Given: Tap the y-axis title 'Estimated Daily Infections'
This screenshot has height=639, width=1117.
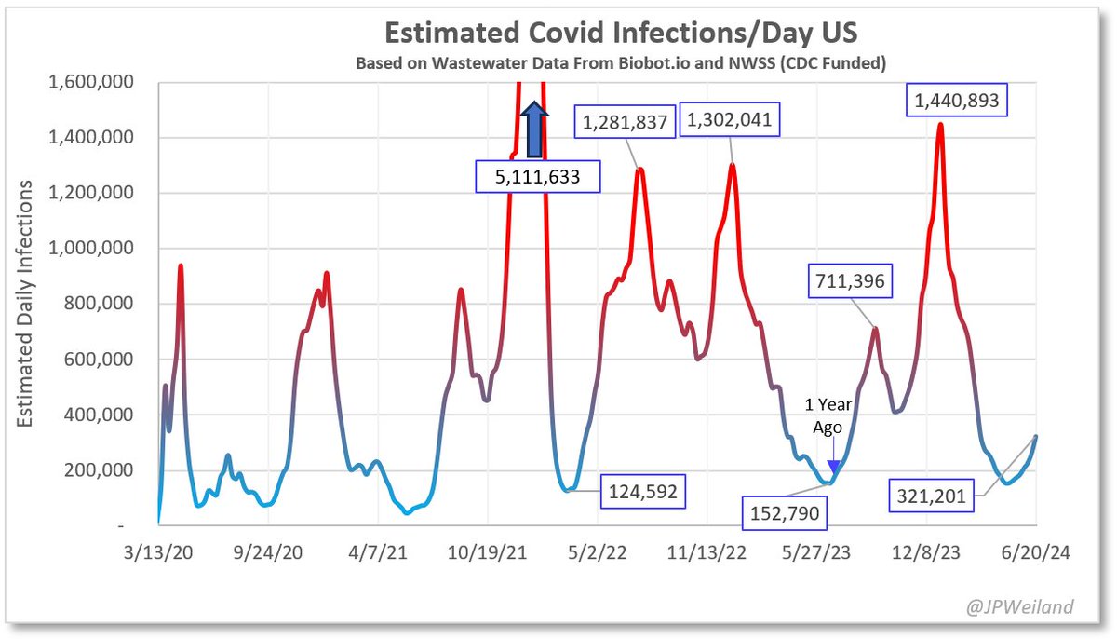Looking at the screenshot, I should tap(25, 305).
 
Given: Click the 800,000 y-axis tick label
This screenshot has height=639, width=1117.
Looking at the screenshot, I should tap(101, 305).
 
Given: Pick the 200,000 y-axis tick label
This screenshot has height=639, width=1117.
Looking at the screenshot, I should tap(101, 470).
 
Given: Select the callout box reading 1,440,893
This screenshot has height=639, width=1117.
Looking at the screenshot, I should tap(958, 101).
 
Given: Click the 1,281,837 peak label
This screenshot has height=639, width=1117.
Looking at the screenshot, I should tap(627, 122).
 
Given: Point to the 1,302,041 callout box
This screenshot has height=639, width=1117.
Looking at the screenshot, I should tap(729, 119).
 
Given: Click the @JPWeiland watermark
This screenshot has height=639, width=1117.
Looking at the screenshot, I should tap(1021, 607).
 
